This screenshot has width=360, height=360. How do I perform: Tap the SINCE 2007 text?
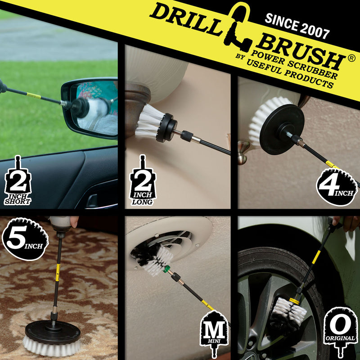pyautogui.click(x=297, y=26)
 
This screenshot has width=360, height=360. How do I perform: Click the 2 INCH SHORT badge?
pyautogui.click(x=17, y=183)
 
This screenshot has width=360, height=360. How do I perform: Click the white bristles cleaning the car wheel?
pyautogui.click(x=290, y=310)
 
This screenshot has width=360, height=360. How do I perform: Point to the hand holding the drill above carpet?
pyautogui.click(x=74, y=221)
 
